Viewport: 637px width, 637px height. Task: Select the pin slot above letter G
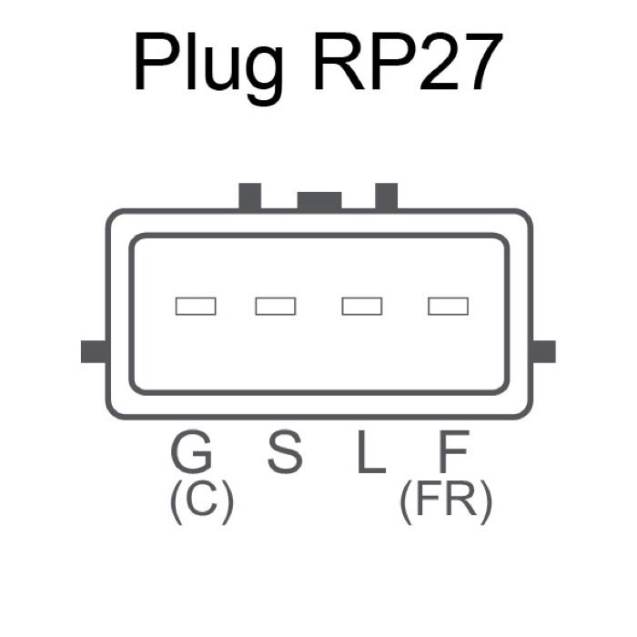(196, 306)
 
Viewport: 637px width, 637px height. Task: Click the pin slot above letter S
(275, 306)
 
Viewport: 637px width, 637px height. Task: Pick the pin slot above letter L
(361, 306)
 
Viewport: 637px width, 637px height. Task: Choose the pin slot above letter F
(448, 306)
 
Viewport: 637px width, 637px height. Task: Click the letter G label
(192, 452)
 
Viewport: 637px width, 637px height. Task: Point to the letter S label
(284, 452)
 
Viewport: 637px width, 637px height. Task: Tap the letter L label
(369, 452)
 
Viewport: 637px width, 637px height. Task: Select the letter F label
(452, 452)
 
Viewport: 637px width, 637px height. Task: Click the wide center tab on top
(319, 201)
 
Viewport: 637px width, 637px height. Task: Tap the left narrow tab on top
(249, 196)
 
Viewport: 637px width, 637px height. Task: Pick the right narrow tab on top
(387, 196)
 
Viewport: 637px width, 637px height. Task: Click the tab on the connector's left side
(94, 351)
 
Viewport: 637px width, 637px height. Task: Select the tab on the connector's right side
(543, 351)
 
